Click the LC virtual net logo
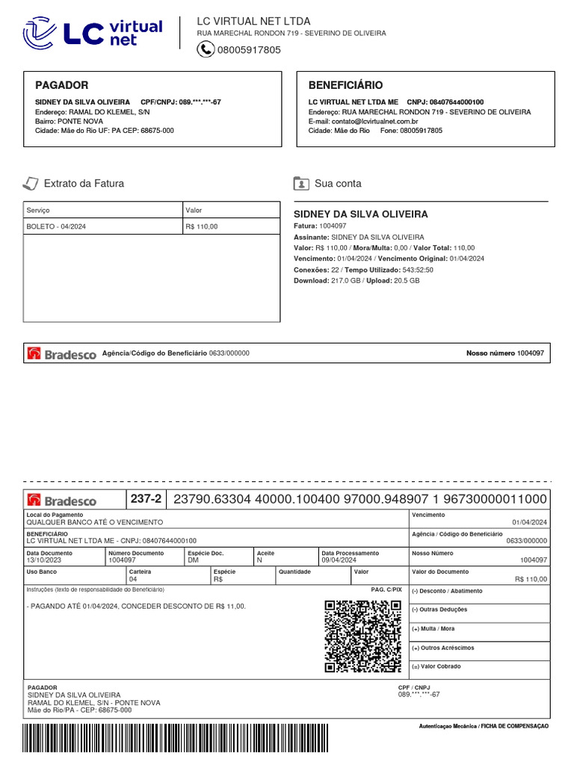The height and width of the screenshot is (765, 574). click(x=93, y=33)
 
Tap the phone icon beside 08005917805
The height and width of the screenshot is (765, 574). click(x=206, y=49)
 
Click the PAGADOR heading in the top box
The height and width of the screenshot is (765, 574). click(x=62, y=85)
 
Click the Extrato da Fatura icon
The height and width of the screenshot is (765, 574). click(x=30, y=183)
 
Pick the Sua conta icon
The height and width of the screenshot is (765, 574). click(x=301, y=183)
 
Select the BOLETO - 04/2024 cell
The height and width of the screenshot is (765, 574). click(x=56, y=226)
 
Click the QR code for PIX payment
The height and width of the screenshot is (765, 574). click(x=363, y=636)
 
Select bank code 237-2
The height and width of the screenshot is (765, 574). click(x=146, y=499)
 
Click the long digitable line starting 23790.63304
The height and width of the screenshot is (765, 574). click(x=359, y=499)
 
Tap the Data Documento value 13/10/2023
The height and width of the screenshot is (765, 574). click(x=43, y=559)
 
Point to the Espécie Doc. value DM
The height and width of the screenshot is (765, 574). click(x=193, y=559)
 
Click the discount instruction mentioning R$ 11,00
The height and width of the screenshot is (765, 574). click(x=136, y=606)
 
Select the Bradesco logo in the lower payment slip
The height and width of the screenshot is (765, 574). click(x=62, y=501)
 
